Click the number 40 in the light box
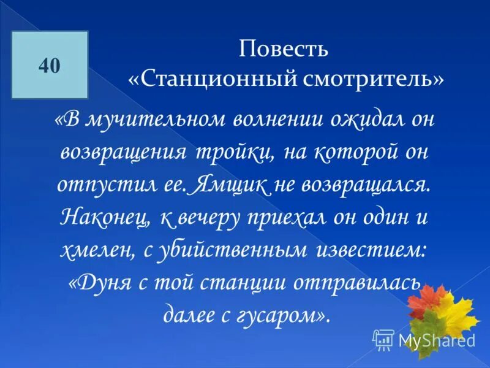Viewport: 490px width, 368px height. [x=50, y=66]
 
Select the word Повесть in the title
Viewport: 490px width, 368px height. [x=284, y=50]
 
